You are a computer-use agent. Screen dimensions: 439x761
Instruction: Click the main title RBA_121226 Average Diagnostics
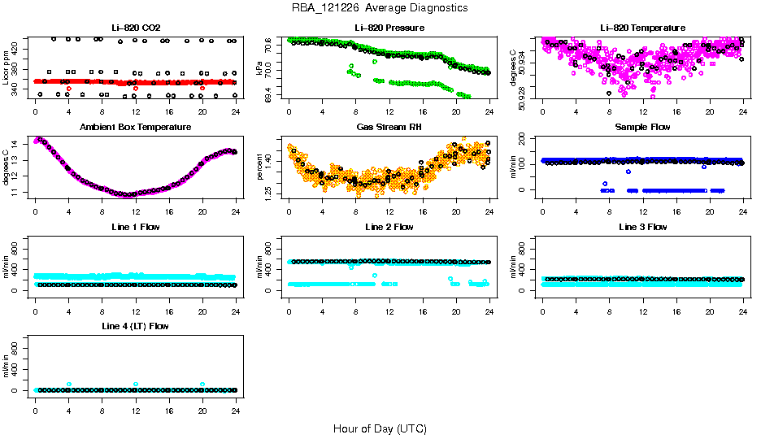380,8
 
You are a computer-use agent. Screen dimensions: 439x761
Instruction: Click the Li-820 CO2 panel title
135,28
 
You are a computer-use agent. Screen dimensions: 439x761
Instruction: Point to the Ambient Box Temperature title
135,127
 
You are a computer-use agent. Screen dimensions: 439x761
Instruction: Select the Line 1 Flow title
135,227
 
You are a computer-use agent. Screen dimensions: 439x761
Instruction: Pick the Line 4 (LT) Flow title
135,326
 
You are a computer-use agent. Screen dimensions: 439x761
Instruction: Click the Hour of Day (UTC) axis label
380,428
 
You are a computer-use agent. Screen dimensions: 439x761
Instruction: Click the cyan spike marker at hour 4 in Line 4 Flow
69,384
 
